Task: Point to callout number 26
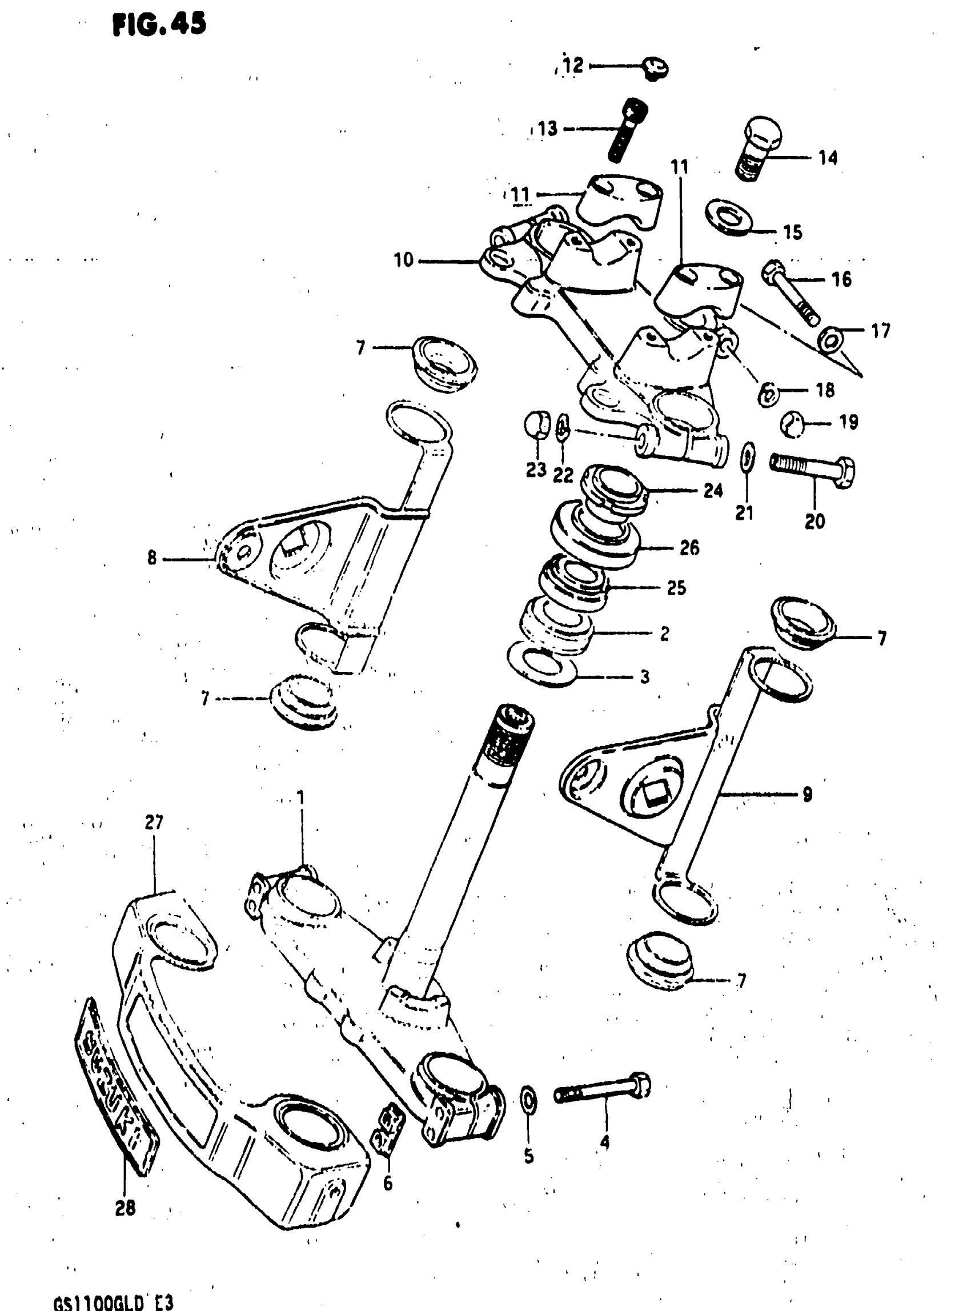point(689,548)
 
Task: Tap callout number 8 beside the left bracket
point(151,558)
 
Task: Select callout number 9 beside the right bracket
point(808,794)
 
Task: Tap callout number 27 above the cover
point(154,823)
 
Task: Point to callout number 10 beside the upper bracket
point(404,259)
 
